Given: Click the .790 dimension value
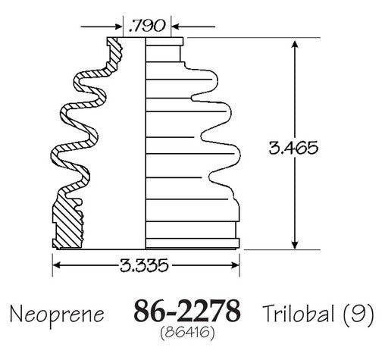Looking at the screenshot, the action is tap(147, 26).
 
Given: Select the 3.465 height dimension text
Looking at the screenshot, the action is tap(293, 148).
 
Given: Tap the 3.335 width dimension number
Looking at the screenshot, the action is tap(144, 265).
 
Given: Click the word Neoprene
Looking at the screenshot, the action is tap(57, 315).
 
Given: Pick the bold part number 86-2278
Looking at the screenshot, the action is tap(187, 311).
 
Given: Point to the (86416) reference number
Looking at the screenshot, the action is tap(187, 333).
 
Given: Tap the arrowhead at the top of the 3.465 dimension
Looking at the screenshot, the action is tap(295, 44).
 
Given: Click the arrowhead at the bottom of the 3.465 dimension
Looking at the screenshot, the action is tap(295, 245).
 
